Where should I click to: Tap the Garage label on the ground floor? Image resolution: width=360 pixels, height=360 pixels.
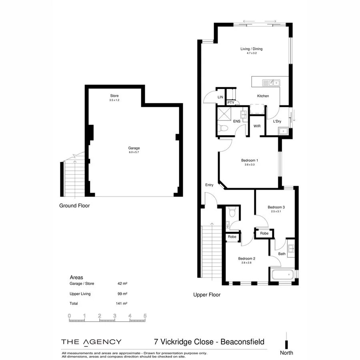click(134, 148)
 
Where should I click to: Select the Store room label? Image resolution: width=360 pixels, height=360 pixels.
click(114, 96)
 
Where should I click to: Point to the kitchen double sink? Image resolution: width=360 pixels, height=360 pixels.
click(272, 83)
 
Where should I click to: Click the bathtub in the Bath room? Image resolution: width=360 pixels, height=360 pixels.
click(282, 275)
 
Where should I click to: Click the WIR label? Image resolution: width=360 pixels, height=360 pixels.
click(257, 126)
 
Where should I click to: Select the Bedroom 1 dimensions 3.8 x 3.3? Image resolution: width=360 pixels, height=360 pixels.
click(248, 165)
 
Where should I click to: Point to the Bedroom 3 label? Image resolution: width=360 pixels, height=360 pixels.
click(276, 207)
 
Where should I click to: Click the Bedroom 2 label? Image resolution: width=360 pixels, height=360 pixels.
click(246, 258)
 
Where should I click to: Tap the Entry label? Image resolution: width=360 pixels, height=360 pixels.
click(209, 185)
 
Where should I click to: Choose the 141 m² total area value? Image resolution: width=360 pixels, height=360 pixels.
click(122, 304)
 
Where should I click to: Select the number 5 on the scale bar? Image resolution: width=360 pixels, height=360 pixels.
click(145, 316)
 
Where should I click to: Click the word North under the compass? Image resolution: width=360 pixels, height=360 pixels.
click(286, 353)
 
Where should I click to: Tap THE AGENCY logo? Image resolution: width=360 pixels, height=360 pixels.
click(91, 342)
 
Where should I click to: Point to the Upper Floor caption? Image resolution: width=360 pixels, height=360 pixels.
click(207, 295)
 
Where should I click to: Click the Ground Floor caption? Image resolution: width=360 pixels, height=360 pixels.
click(74, 206)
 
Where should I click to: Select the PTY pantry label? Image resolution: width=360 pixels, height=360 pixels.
click(231, 103)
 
